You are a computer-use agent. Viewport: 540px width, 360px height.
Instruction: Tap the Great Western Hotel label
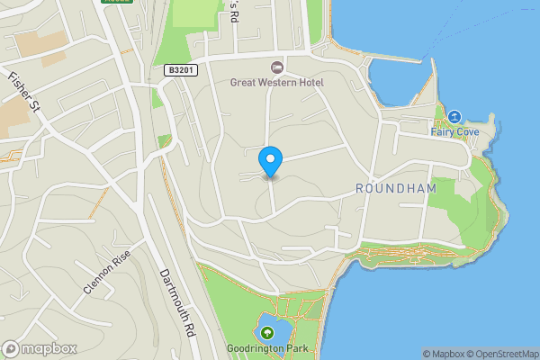276,83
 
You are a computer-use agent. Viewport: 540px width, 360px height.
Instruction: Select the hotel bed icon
277,67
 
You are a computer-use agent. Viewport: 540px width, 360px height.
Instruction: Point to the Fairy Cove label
454,132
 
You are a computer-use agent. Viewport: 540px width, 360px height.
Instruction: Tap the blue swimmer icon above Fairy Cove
454,117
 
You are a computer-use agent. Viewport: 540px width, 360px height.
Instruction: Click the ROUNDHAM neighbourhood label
396,188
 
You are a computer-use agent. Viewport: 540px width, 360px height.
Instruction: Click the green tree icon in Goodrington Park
266,333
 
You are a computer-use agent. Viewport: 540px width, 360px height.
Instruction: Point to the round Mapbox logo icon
11,348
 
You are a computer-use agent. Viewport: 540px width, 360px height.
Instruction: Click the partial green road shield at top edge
118,2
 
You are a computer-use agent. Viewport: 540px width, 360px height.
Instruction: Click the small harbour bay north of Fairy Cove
396,81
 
